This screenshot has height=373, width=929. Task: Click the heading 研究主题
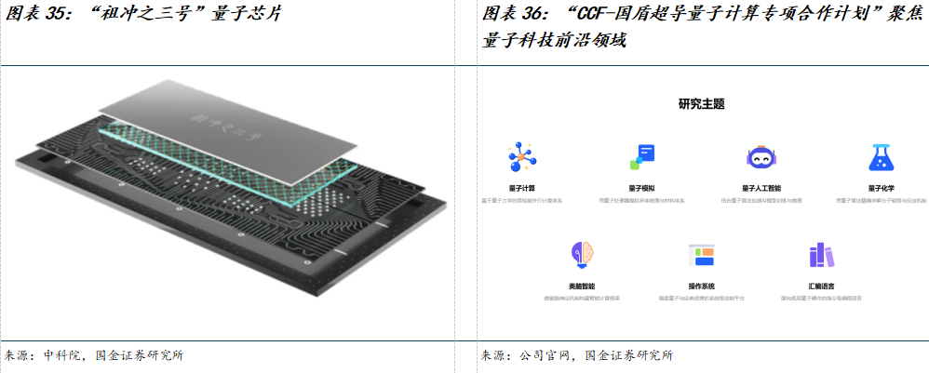click(x=702, y=104)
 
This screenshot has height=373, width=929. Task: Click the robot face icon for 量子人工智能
click(x=761, y=158)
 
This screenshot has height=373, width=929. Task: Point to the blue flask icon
click(x=881, y=158)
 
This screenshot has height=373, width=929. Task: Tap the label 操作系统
click(x=701, y=286)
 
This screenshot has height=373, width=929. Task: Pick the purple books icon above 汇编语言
click(x=821, y=254)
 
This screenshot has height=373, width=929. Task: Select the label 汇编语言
click(x=821, y=286)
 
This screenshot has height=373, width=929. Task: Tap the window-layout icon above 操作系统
click(x=701, y=254)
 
